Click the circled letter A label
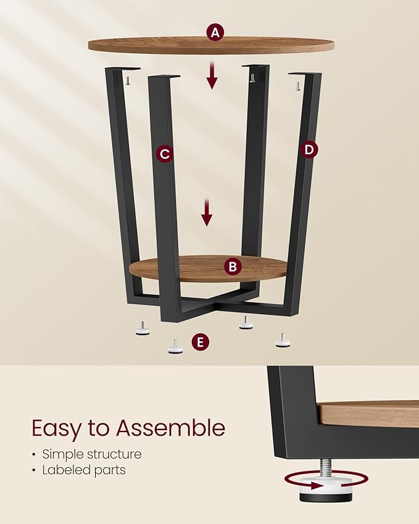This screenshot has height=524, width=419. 215,32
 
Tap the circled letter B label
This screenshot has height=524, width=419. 233,267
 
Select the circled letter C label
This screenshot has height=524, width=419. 164,154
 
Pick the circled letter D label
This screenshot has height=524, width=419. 310,149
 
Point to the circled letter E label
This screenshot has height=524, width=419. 200,343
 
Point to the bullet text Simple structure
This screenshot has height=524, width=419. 92,454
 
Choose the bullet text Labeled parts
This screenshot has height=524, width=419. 84,470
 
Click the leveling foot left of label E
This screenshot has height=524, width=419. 175,347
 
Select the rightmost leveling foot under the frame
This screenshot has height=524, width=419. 283,340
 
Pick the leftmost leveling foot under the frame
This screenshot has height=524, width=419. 143,329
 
